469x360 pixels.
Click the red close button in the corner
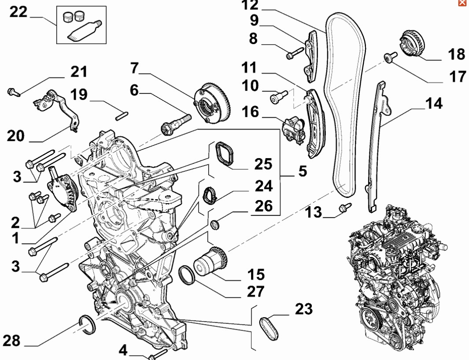tap(462, 3)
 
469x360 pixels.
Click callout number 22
tap(18, 12)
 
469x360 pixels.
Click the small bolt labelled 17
tap(390, 57)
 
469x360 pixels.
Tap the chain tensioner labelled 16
tap(293, 129)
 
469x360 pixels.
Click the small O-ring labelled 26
tap(215, 226)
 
